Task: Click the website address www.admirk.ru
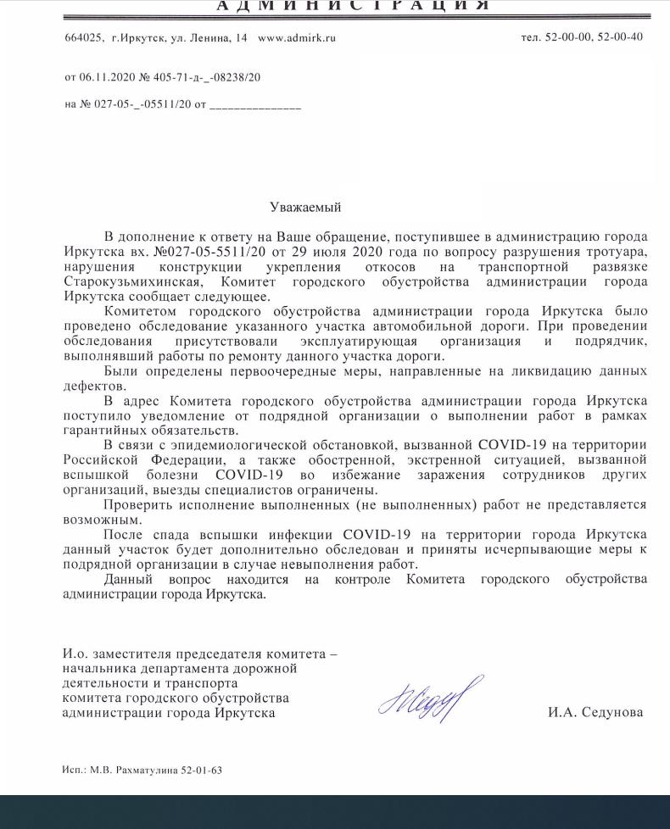297,37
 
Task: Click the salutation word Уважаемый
305,207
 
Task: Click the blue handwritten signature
431,699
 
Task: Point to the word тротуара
617,253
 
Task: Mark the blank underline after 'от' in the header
255,107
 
